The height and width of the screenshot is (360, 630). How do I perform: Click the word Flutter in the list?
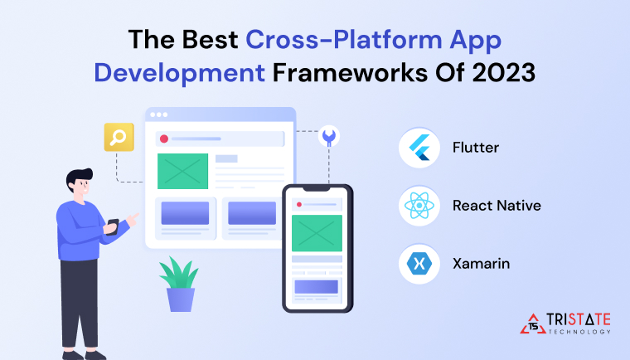476,148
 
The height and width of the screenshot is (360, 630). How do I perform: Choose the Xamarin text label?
481,264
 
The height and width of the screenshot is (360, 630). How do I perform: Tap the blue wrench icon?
328,136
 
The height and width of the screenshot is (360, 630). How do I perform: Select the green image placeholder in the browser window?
182,171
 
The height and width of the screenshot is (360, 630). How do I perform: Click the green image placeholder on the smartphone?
317,233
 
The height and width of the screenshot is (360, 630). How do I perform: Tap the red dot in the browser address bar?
164,139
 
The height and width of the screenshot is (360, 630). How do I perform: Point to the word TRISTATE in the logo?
580,319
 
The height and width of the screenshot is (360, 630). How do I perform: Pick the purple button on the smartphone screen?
317,287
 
